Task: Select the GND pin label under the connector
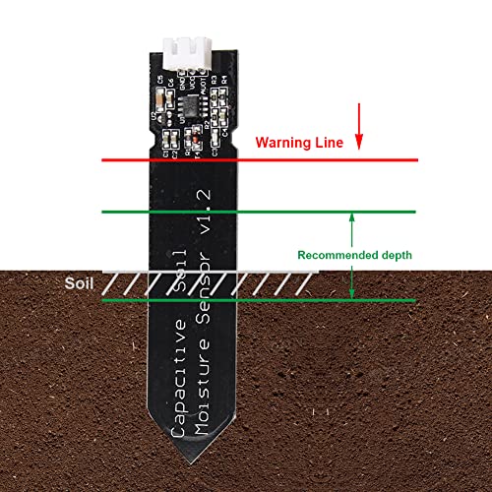tap(184, 82)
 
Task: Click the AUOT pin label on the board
tap(204, 83)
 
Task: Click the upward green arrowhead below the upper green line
tap(352, 218)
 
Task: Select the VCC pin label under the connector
tap(194, 83)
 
